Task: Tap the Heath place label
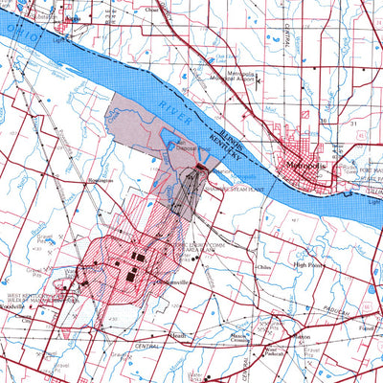coord(178,336)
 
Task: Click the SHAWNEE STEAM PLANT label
coord(230,189)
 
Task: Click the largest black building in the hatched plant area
coord(127,277)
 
